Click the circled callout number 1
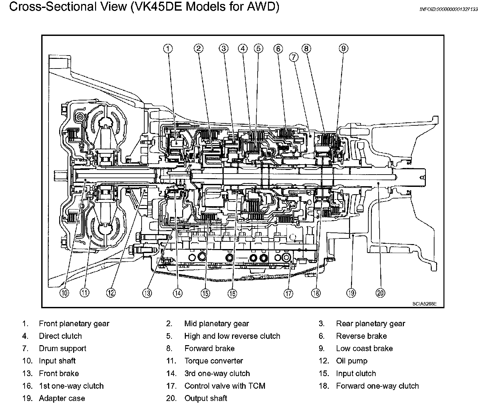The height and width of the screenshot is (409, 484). coord(168,49)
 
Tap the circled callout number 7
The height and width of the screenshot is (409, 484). coord(294,57)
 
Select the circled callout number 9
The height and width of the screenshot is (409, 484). coord(343,49)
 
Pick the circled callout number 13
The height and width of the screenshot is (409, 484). coord(147,293)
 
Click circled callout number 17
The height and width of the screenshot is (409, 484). coord(288,293)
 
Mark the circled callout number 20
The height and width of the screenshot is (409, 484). coord(380,293)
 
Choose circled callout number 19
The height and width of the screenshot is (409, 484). coord(351,293)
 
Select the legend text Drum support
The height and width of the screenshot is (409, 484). coord(62,348)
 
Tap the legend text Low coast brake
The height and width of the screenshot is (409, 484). coord(364,348)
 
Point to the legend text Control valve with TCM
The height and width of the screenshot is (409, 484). coord(225,386)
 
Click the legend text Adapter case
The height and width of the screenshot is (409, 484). coord(62,398)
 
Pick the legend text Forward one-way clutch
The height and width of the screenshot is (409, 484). coord(377,386)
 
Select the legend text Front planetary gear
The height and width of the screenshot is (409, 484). coord(74,324)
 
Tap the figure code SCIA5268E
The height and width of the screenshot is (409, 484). coord(425,304)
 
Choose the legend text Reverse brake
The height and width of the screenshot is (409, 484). coord(361,336)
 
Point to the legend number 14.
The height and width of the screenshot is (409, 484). coord(171,373)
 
